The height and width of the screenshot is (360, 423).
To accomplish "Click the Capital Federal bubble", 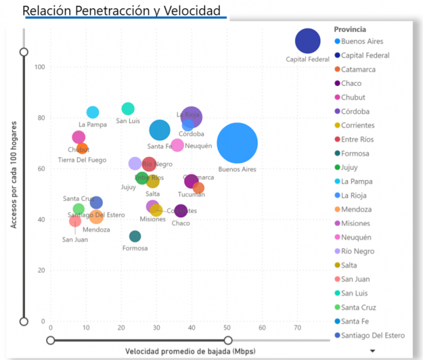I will (308, 42).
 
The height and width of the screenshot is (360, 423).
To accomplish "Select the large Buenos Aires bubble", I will (237, 143).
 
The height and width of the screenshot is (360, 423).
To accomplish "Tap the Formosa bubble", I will (135, 236).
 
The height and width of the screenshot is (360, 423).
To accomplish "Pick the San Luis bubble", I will (128, 109).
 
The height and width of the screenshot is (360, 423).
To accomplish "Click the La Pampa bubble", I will (93, 113).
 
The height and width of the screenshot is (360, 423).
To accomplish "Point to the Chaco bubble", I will (181, 211).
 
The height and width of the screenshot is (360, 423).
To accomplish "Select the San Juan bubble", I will (75, 222).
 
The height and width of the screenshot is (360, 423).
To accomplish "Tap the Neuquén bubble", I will (178, 145).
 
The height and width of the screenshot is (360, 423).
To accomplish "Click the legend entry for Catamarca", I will (358, 69).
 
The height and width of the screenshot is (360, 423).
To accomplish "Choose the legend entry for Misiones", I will (356, 224).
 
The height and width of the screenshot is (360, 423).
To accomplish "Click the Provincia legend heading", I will (350, 29).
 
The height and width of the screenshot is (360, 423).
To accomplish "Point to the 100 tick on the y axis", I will (40, 67).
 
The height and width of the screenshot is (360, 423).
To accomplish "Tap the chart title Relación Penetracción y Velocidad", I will (121, 11).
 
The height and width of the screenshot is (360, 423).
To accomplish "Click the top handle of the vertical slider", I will (24, 52).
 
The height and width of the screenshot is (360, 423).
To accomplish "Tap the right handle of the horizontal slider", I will (228, 340).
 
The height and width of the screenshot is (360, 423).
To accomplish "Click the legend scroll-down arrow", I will (372, 351).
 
